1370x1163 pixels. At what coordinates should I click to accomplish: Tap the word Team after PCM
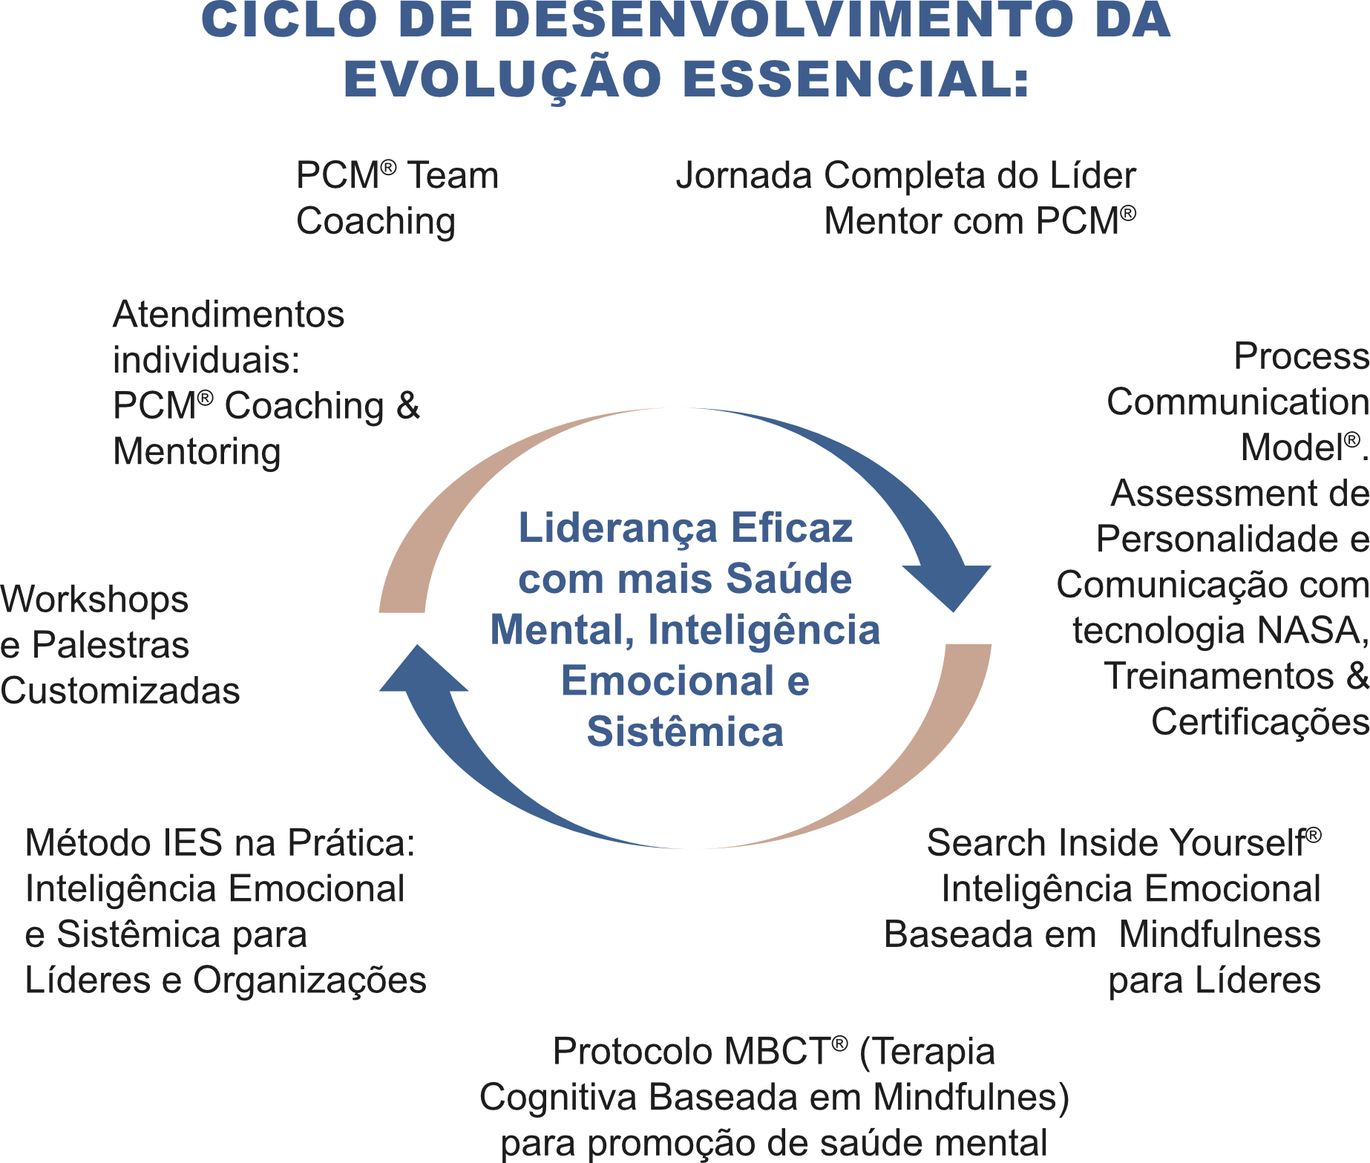(x=453, y=176)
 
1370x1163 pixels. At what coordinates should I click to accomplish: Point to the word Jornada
(x=744, y=177)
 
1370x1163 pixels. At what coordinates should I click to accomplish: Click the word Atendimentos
(x=229, y=315)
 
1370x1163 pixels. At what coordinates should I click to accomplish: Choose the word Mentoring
(x=197, y=451)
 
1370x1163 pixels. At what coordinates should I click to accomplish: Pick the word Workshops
(x=94, y=600)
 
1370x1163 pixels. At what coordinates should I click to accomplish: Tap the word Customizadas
(x=120, y=691)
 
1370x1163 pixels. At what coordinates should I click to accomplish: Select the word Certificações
(x=1259, y=722)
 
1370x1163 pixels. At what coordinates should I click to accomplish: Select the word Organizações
(x=309, y=980)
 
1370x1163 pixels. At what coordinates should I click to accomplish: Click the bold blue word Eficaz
(x=792, y=528)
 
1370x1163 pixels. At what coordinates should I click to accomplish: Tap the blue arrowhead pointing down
(x=949, y=586)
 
